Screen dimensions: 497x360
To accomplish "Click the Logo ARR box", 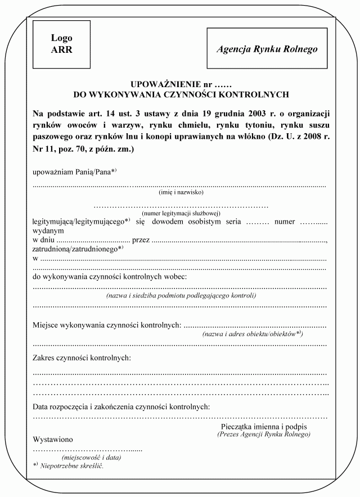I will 62,43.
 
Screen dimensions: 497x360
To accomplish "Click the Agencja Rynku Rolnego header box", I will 267,49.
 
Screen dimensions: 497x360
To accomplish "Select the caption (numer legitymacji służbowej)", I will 181,213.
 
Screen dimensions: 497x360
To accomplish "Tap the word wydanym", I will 48,231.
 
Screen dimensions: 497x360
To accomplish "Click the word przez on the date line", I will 141,240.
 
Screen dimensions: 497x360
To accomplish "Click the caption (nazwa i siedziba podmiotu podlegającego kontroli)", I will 181,295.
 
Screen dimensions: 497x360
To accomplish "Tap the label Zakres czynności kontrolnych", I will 82,358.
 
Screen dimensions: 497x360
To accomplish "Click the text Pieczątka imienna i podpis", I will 264,427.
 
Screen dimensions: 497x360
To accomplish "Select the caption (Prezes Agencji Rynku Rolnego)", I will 264,435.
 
